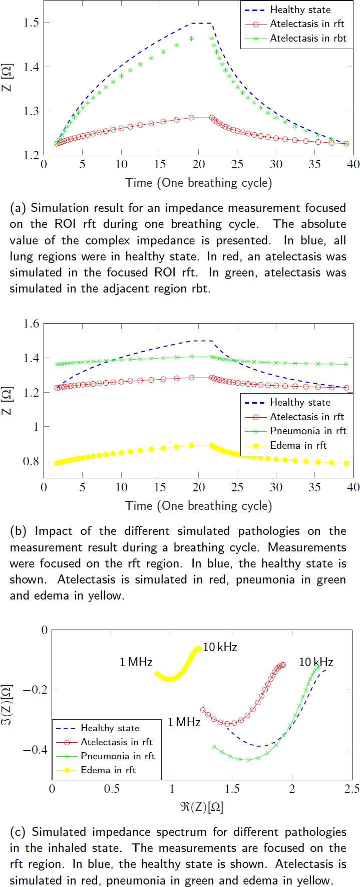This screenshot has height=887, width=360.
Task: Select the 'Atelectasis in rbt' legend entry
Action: [x=307, y=38]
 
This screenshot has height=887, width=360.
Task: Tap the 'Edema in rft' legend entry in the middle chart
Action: [x=298, y=445]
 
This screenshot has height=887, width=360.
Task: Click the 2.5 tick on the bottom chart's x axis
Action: [x=351, y=788]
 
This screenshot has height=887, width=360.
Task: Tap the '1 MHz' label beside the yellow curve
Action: [x=136, y=662]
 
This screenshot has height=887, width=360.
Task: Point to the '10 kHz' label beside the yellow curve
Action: [x=220, y=647]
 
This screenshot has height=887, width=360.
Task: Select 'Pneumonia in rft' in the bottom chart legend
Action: [x=118, y=756]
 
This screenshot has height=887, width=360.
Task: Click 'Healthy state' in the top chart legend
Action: [x=300, y=10]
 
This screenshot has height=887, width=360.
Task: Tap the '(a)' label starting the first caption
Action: [x=18, y=208]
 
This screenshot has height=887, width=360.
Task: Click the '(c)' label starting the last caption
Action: [x=18, y=832]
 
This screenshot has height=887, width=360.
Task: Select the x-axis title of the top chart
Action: [x=198, y=183]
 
